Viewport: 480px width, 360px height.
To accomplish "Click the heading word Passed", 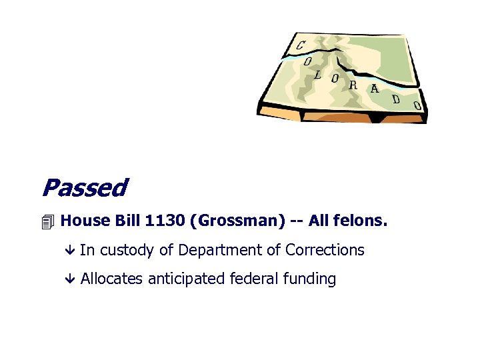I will pyautogui.click(x=83, y=188).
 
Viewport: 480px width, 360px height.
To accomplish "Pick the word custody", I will pyautogui.click(x=127, y=251).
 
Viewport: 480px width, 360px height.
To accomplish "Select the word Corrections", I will pyautogui.click(x=325, y=250).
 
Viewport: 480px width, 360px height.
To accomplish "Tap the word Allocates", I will pyautogui.click(x=111, y=279).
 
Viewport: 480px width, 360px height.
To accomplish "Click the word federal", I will pyautogui.click(x=253, y=279).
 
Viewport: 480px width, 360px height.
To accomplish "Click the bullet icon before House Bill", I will pyautogui.click(x=46, y=222).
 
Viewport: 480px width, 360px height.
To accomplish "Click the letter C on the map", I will pyautogui.click(x=301, y=45).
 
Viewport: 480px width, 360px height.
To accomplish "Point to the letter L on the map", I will pyautogui.click(x=317, y=74).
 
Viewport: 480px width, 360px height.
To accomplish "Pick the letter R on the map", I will pyautogui.click(x=353, y=85).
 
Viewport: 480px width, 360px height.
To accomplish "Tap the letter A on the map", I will pyautogui.click(x=374, y=89).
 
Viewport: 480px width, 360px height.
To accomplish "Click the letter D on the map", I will pyautogui.click(x=395, y=99).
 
